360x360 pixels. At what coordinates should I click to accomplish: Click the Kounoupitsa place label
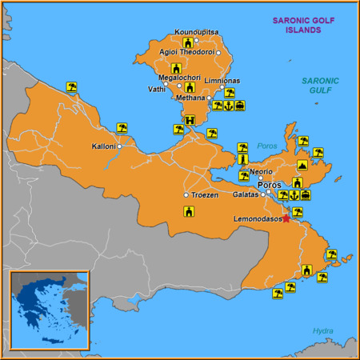pos(195,32)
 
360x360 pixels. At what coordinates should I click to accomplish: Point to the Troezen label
pos(204,195)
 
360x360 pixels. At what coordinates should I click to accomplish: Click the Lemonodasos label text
pos(257,218)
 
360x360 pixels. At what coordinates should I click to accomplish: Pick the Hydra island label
pos(322,330)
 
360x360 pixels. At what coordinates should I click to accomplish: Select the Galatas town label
pos(246,194)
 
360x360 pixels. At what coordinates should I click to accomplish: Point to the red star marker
pos(286,218)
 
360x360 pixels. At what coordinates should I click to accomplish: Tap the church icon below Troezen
pos(189,212)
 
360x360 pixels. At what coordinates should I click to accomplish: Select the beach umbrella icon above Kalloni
pos(122,127)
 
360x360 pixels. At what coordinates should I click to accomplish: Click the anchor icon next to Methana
pos(228,105)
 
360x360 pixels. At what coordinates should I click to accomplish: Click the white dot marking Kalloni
pos(119,146)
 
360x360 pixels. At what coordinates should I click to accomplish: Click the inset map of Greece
pos(48,310)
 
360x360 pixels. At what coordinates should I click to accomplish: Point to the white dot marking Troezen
pos(186,195)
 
